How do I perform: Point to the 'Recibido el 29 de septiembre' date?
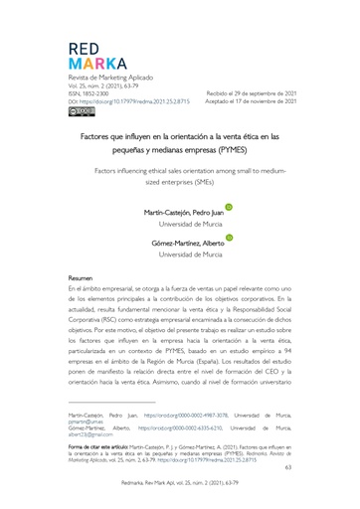[x=248, y=92]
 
